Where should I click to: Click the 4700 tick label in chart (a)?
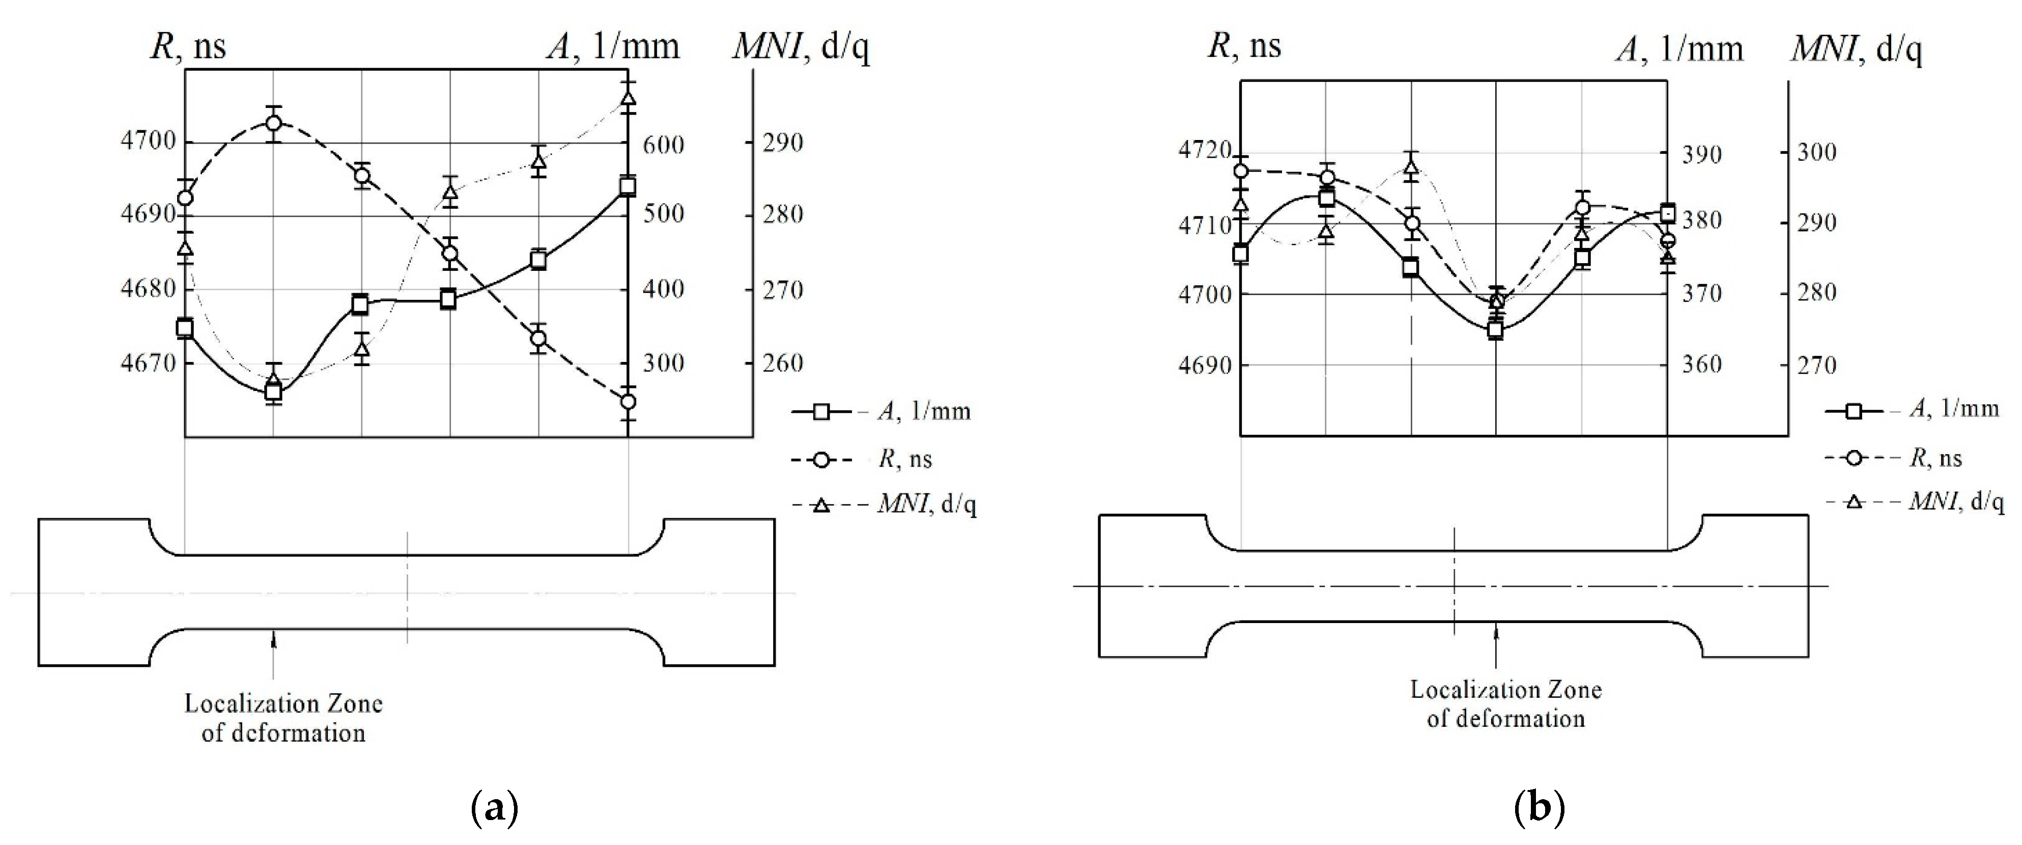(148, 142)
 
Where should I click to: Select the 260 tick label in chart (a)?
(783, 363)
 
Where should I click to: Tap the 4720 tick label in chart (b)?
(1205, 151)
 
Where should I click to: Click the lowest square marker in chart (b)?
(1495, 330)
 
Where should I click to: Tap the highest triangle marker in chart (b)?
(1411, 166)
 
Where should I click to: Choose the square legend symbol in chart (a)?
(821, 411)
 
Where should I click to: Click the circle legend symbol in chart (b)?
(1854, 458)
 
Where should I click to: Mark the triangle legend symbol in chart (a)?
(821, 505)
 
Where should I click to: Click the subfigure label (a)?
(494, 807)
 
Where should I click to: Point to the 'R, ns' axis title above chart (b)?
(1244, 45)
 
